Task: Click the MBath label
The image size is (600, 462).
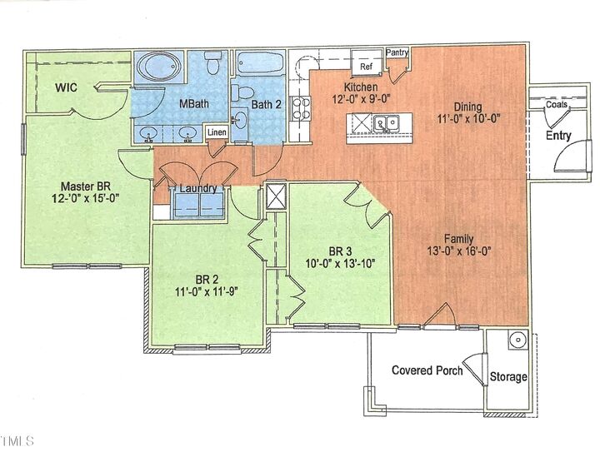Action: [x=194, y=105]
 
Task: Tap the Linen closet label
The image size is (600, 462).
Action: [x=216, y=132]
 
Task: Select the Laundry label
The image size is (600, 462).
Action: [x=198, y=188]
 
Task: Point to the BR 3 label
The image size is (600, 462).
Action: [x=340, y=251]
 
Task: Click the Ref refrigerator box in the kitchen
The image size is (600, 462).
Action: [x=366, y=65]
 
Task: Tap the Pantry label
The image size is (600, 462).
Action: [x=397, y=52]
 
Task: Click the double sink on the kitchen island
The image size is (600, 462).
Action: [x=386, y=124]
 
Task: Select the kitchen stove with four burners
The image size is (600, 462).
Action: [x=300, y=111]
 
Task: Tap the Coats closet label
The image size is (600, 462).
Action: [x=557, y=105]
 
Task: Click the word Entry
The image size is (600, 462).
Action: [x=557, y=135]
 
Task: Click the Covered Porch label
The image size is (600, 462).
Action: [x=427, y=370]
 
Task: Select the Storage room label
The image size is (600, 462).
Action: [x=508, y=377]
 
